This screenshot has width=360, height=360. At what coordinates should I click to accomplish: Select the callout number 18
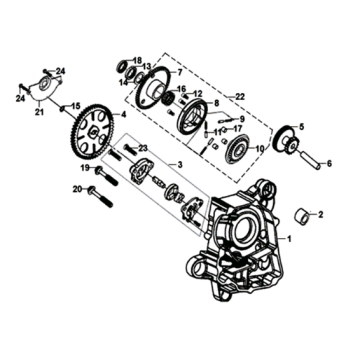point(137,61)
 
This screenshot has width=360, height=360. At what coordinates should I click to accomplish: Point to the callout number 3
point(180,164)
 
